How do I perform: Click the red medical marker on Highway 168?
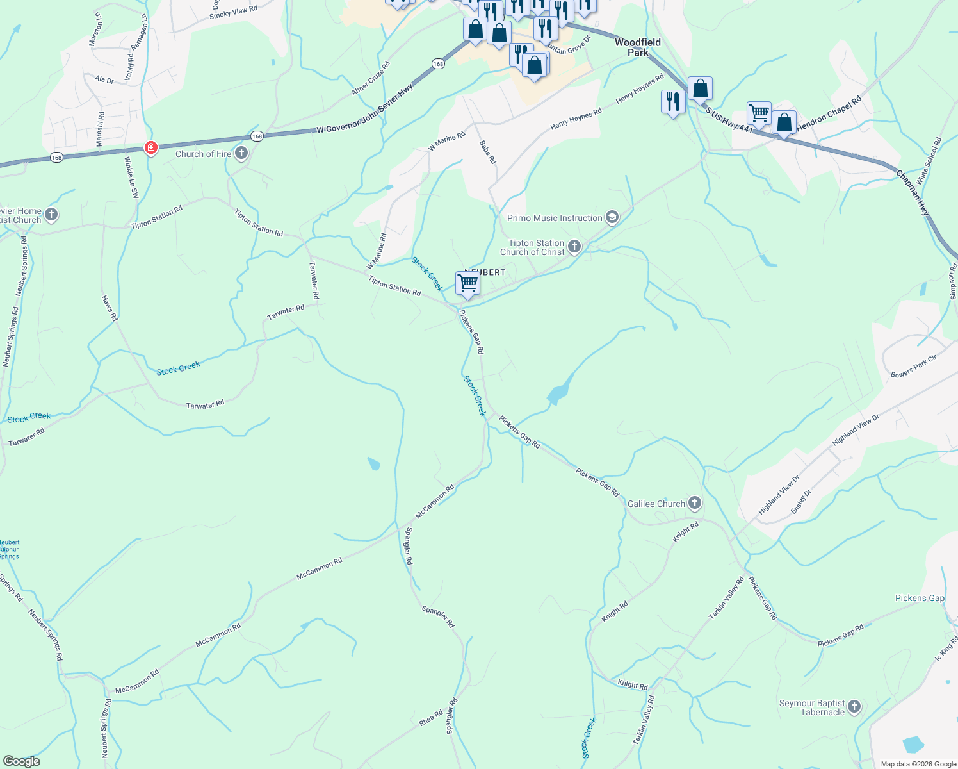[151, 148]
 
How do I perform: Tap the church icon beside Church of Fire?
[241, 153]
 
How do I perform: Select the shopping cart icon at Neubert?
[468, 283]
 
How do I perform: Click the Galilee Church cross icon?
[695, 503]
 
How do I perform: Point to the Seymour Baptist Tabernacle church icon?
[854, 707]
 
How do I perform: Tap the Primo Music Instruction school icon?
[612, 218]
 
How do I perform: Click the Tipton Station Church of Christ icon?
[574, 247]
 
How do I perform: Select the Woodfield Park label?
[638, 47]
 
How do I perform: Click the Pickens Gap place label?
[920, 598]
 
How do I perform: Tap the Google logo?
[21, 761]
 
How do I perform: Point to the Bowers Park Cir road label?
[913, 366]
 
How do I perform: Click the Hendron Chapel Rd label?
[829, 115]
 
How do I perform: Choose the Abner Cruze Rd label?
[371, 79]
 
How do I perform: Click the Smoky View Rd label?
[233, 12]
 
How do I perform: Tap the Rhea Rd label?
[431, 718]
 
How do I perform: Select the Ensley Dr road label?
[801, 501]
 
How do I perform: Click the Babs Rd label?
[487, 153]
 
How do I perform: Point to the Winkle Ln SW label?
[131, 177]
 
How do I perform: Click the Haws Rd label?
[110, 308]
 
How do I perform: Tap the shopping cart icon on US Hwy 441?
[759, 113]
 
